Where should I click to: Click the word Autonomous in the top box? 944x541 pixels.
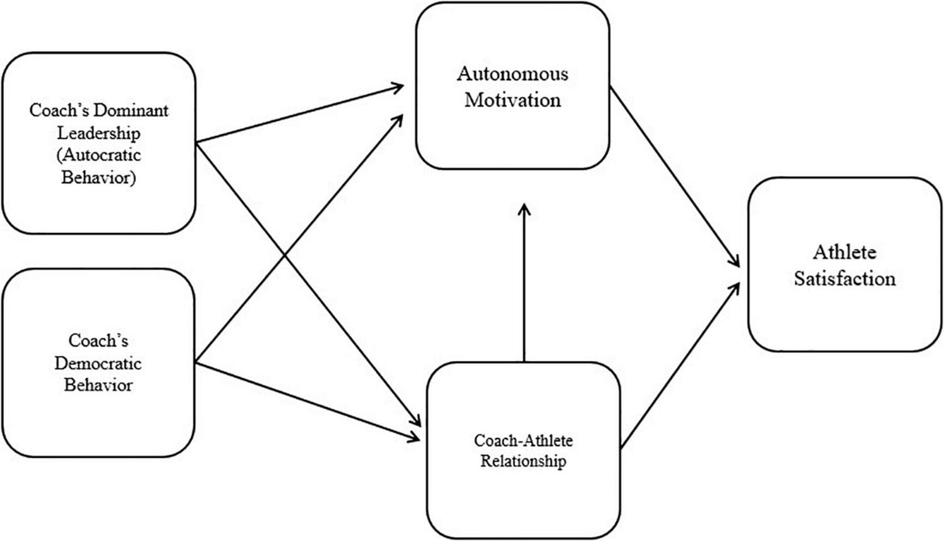click(x=512, y=74)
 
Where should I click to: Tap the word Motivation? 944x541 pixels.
click(x=512, y=100)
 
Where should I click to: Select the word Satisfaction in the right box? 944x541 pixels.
click(x=844, y=279)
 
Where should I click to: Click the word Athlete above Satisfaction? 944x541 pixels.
click(x=844, y=252)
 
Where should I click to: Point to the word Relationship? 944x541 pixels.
click(x=523, y=461)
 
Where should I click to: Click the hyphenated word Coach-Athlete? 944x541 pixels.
click(x=523, y=440)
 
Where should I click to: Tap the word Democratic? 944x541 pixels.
click(x=98, y=363)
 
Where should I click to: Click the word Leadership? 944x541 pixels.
click(x=99, y=133)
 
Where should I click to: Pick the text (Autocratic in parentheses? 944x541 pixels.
click(x=99, y=155)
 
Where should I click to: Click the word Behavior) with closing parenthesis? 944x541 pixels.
click(x=98, y=177)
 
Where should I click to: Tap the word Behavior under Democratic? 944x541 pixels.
click(x=98, y=385)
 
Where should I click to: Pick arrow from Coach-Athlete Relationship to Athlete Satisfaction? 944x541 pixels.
click(x=680, y=365)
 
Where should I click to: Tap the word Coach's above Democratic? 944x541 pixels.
click(x=98, y=341)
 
